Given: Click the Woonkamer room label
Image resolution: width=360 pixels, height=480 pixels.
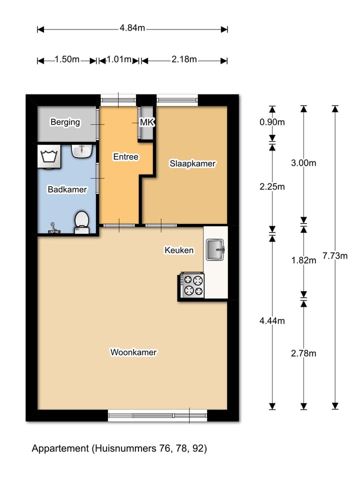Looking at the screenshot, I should [133, 352].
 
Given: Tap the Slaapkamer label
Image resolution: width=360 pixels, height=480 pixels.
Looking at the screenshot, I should [192, 163].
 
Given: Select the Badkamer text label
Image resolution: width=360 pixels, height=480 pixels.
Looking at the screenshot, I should [67, 189].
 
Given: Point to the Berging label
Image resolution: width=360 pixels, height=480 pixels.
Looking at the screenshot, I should [65, 122].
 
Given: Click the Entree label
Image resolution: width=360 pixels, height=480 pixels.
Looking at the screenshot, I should [125, 156].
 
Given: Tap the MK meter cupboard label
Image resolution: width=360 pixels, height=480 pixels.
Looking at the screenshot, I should [146, 122].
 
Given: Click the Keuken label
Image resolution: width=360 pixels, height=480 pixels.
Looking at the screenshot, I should [179, 250].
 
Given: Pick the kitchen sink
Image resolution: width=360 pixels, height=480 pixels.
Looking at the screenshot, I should [215, 249].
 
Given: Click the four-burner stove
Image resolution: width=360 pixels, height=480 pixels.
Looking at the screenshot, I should [192, 286].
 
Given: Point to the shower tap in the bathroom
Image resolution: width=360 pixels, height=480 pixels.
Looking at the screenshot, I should [54, 229].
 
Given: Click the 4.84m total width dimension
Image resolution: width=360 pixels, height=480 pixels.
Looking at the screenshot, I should [132, 28].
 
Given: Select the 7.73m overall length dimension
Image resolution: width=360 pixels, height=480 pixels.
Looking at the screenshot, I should [335, 255].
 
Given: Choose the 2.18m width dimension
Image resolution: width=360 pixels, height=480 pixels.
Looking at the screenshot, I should [184, 59].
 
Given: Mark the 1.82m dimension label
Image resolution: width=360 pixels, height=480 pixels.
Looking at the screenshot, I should [304, 260].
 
